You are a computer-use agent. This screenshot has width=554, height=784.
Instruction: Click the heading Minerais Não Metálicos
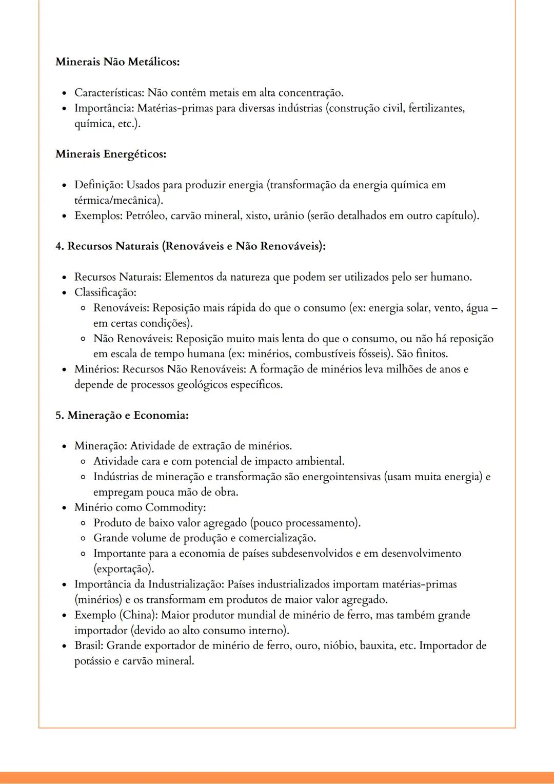coord(117,62)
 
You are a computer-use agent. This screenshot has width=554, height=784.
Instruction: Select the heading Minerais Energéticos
coord(111,154)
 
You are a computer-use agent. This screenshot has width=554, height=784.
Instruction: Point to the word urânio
coord(288,215)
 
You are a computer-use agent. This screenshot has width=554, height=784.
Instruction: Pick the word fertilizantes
coord(436,108)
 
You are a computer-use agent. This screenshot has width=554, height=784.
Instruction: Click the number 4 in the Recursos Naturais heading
coord(58,246)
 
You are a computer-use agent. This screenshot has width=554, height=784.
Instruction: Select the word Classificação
coord(105,292)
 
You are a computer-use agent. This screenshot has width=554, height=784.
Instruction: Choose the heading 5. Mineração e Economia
coord(122,415)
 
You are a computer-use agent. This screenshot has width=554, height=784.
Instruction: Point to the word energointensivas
coord(341,477)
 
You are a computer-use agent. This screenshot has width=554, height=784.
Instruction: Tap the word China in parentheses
coord(139,615)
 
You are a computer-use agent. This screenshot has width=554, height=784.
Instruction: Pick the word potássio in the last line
coord(92,661)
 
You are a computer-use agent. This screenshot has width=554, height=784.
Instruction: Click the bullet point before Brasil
coord(64,646)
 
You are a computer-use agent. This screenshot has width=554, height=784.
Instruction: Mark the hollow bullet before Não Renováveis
coord(83,339)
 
